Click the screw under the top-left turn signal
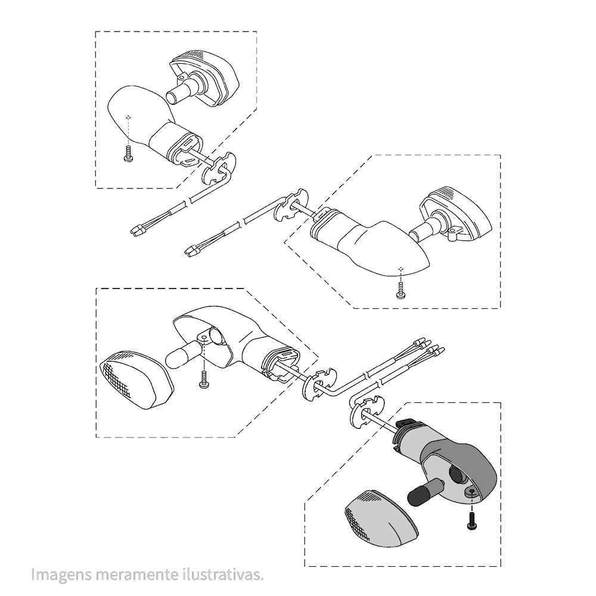tap(129, 154)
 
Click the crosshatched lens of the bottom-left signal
tap(136, 380)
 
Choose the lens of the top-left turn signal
tap(204, 77)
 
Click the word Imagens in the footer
tap(61, 575)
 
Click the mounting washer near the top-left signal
tap(219, 167)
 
